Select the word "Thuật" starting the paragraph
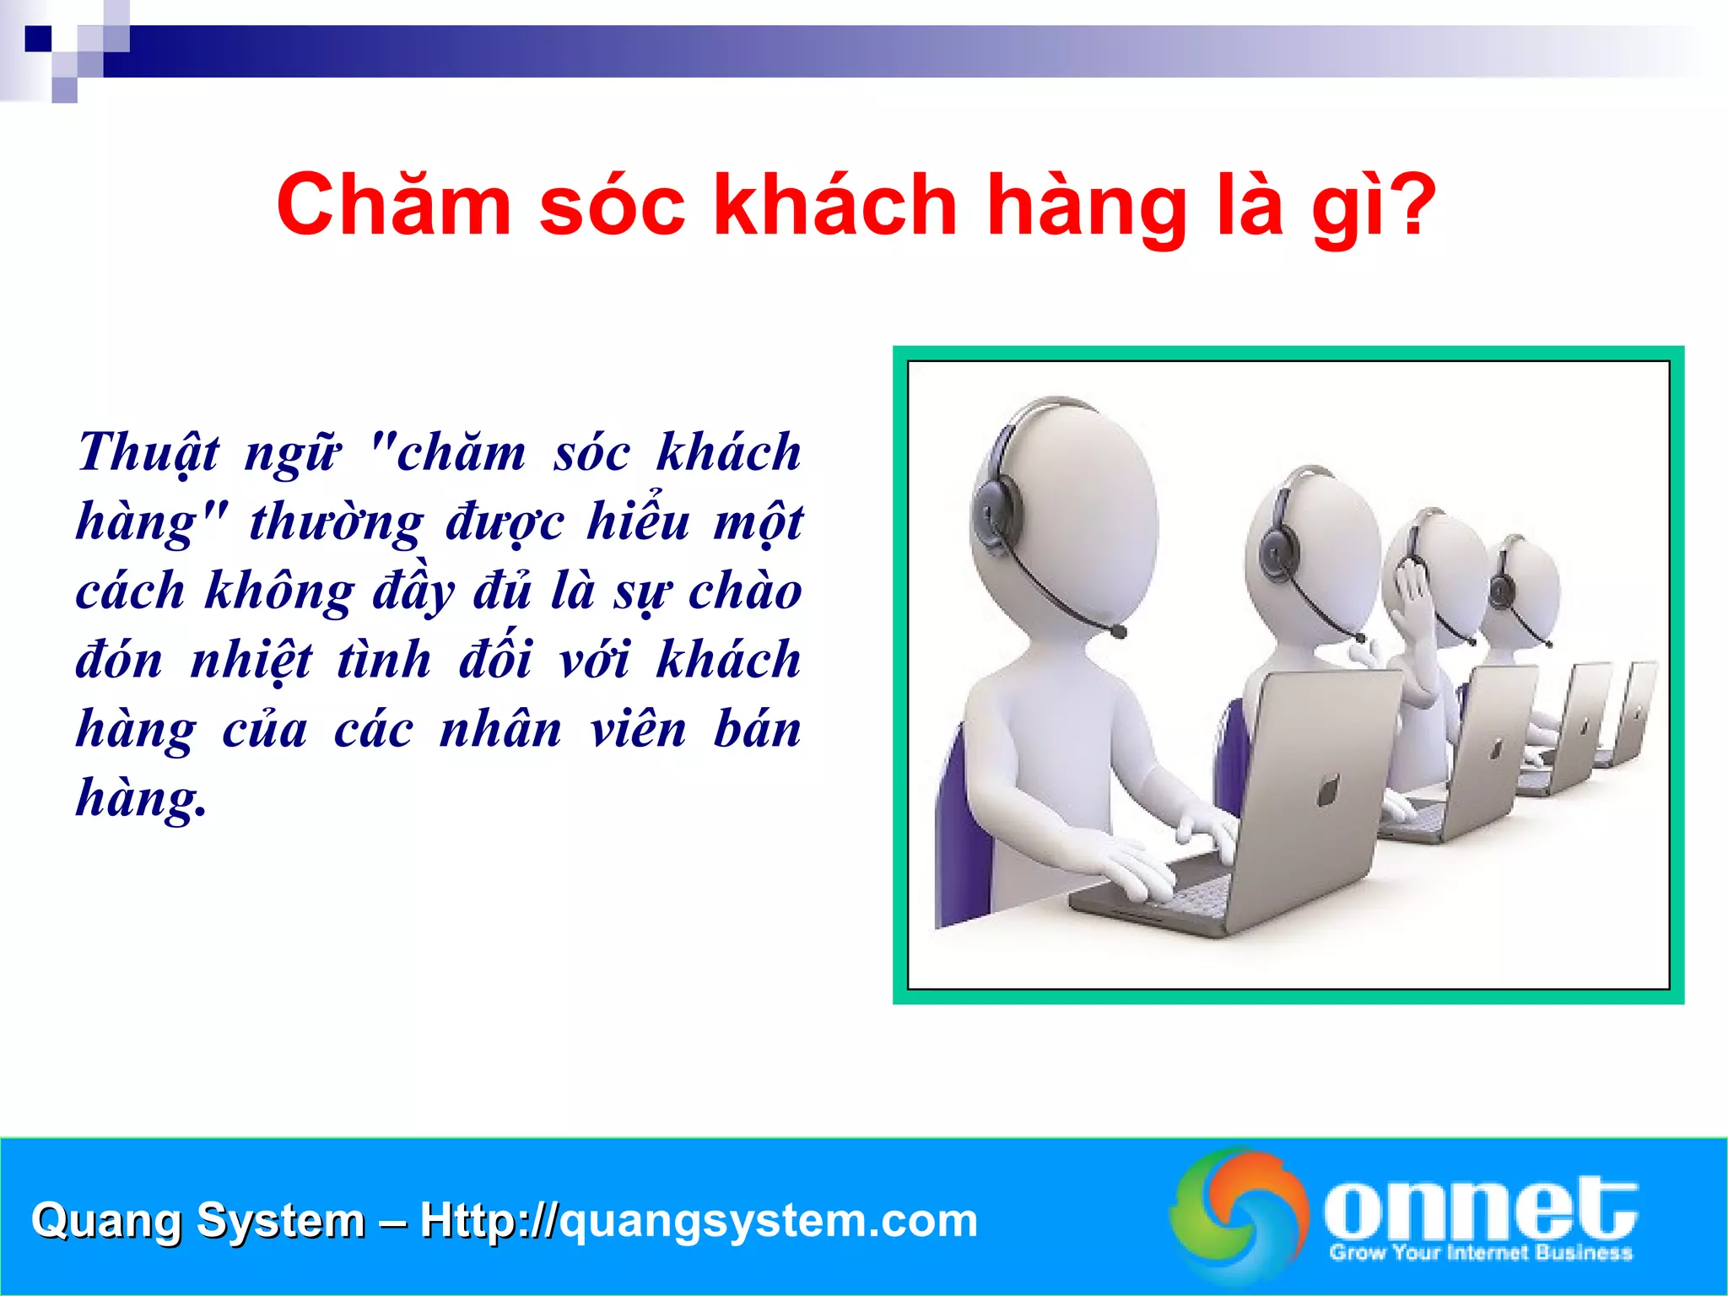click(148, 454)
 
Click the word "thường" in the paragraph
click(336, 523)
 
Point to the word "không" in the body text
click(279, 592)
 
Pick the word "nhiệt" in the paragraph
click(251, 661)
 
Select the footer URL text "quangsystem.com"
click(768, 1221)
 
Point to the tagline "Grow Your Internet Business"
click(1480, 1253)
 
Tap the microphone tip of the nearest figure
click(1119, 631)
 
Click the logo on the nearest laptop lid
click(1327, 791)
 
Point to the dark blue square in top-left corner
click(38, 39)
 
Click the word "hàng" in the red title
click(1088, 207)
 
